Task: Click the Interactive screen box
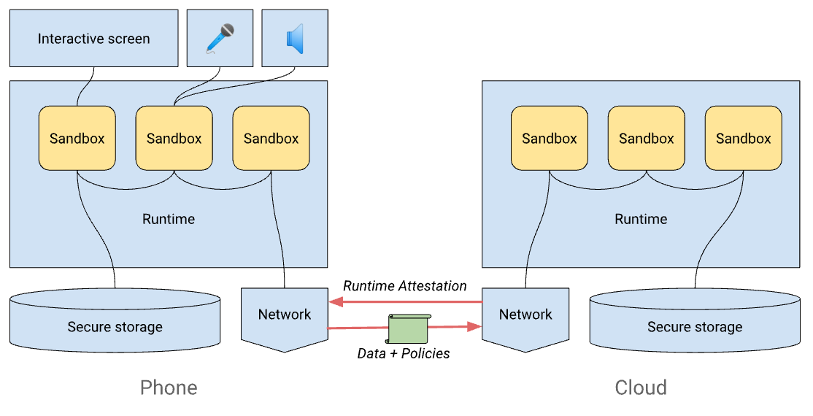pos(94,39)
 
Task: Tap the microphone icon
pos(220,39)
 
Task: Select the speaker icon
pos(295,39)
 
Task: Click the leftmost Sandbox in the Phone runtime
pos(77,138)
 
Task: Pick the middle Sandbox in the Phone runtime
pos(174,138)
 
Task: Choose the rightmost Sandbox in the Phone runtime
pos(271,138)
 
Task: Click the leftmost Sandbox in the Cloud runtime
pos(549,138)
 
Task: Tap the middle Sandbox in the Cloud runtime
pos(646,138)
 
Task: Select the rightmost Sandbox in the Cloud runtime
pos(743,138)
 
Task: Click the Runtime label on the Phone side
pos(169,219)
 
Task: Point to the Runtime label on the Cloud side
pos(641,219)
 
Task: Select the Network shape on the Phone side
pos(284,315)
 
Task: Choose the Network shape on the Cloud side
pos(525,315)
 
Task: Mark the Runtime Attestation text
pos(404,286)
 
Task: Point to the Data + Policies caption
pos(404,354)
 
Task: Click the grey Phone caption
pos(169,387)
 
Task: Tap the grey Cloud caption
pos(641,387)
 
